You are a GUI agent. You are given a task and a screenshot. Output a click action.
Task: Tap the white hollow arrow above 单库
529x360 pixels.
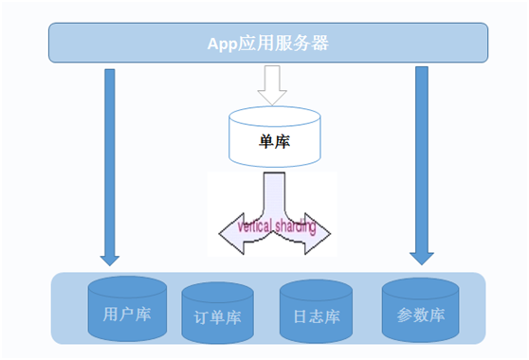271,88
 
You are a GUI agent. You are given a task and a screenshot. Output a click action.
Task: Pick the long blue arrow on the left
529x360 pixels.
110,161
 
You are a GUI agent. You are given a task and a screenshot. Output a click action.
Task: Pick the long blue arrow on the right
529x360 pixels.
421,161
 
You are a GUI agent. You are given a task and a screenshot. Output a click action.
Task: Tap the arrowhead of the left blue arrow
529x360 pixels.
110,256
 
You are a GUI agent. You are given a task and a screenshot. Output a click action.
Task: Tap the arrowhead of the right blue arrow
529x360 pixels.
421,255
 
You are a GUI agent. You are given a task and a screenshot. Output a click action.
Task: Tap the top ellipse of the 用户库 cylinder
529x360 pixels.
125,286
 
